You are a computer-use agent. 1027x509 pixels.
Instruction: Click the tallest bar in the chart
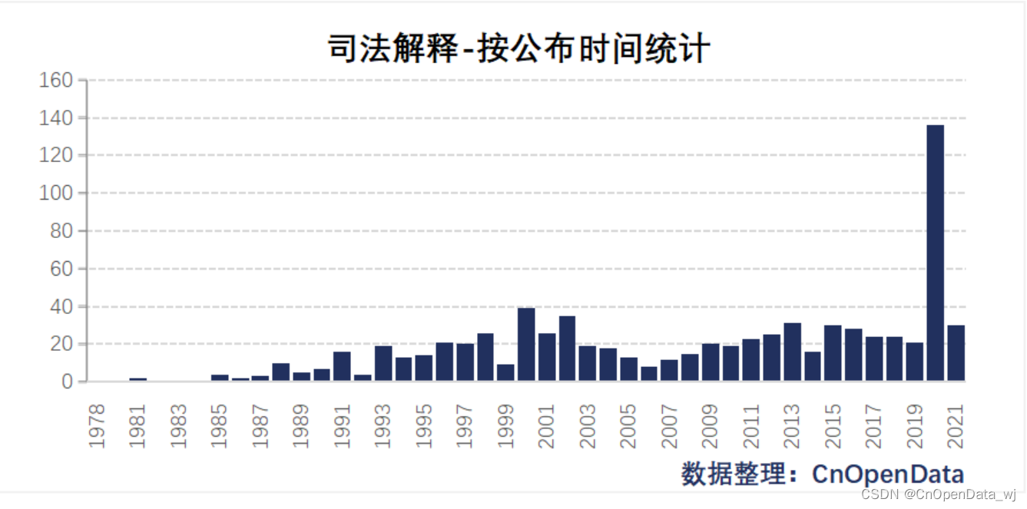coord(936,253)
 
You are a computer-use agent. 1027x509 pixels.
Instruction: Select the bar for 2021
coord(956,353)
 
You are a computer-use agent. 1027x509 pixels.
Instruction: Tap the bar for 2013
coord(792,352)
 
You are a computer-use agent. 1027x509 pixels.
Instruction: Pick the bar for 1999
coord(505,372)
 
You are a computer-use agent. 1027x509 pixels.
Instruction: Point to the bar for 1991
coord(342,366)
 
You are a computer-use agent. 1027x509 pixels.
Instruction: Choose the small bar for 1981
coord(138,379)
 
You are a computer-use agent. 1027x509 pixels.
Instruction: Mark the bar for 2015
coord(833,353)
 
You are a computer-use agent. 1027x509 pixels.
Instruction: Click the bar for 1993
coord(383,363)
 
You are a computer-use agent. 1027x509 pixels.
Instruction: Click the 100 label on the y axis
coord(56,193)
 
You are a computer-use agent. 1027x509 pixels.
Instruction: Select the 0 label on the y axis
coord(67,382)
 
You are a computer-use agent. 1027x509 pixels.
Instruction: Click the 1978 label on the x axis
coord(97,426)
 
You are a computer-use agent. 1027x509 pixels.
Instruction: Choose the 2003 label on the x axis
coord(588,426)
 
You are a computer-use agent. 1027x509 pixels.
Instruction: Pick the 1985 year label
coord(219,426)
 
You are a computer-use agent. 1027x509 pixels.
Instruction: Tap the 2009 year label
coord(711,426)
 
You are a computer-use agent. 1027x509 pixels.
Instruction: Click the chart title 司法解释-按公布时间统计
coord(519,48)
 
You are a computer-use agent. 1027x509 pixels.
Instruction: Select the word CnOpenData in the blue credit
coord(888,474)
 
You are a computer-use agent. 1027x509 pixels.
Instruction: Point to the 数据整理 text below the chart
coord(733,474)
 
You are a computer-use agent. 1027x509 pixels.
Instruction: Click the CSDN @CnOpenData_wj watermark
coord(939,494)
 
